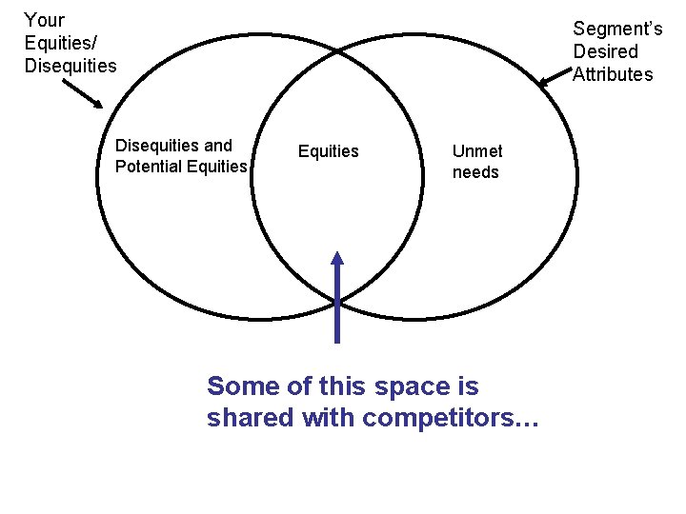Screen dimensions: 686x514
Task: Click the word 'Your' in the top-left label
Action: [x=44, y=20]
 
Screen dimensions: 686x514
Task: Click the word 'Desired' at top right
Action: [x=605, y=51]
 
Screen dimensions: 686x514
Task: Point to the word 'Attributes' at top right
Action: [x=613, y=74]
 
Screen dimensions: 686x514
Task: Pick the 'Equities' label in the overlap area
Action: [x=329, y=151]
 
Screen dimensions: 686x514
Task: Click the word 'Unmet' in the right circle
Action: [x=477, y=150]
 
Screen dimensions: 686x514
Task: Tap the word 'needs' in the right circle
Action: [x=475, y=172]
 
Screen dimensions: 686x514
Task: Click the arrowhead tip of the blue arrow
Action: [x=336, y=251]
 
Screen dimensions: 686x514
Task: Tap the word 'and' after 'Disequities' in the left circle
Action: [x=218, y=146]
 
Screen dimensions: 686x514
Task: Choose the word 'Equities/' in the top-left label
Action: [x=61, y=43]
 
